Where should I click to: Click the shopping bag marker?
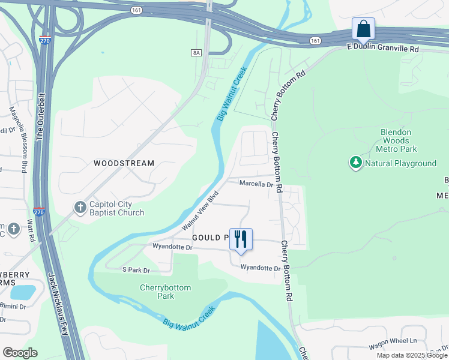(x=364, y=29)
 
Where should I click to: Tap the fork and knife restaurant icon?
(x=241, y=239)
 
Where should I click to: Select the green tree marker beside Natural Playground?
(x=356, y=163)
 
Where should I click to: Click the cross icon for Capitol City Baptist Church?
(x=80, y=208)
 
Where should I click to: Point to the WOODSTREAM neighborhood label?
(x=124, y=163)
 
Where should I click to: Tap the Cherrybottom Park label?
(x=165, y=292)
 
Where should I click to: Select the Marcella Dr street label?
(x=256, y=184)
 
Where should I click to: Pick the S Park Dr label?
(x=136, y=271)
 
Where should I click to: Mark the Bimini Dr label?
(x=13, y=306)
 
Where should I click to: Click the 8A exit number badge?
(x=196, y=53)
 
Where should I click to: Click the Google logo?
(x=20, y=352)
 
